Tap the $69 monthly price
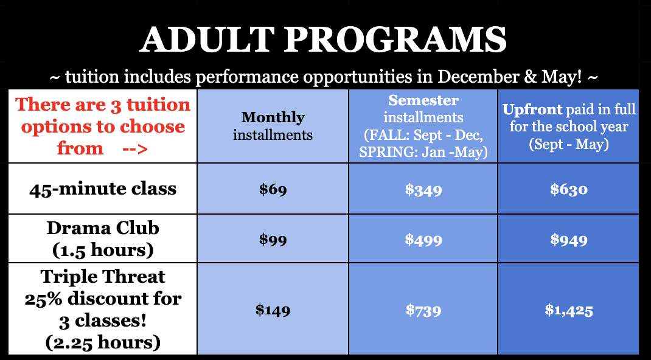[x=273, y=190]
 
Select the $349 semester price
[x=423, y=190]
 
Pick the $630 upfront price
[x=569, y=190]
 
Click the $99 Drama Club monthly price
[x=273, y=240]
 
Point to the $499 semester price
[x=423, y=240]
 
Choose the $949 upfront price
[x=569, y=240]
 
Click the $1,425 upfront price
[x=569, y=310]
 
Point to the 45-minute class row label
[x=103, y=189]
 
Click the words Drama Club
[x=103, y=227]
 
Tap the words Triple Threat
[x=103, y=277]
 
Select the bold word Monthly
[x=273, y=118]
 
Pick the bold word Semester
[x=423, y=100]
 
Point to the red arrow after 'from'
[x=135, y=148]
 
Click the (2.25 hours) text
[x=103, y=342]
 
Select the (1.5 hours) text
[x=103, y=250]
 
